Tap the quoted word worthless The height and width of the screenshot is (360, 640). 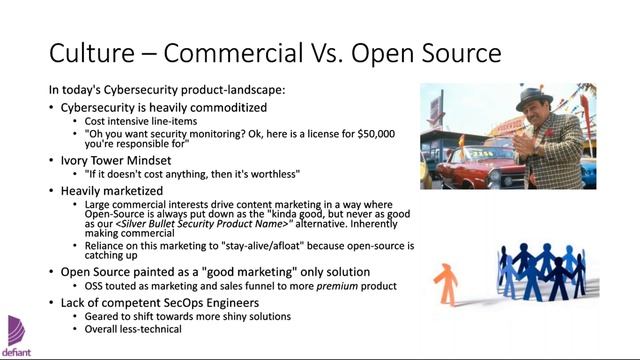click(x=270, y=174)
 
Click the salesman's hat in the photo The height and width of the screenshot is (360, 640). click(x=537, y=98)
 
